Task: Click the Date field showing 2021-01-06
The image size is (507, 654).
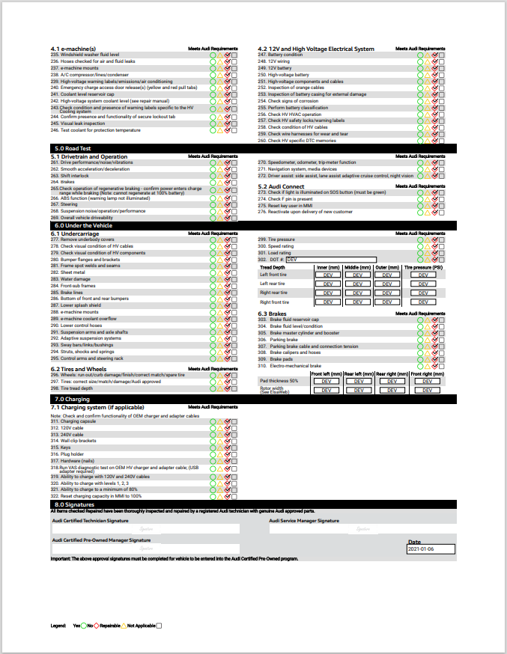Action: coord(431,549)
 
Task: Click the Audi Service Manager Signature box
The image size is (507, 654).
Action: coord(362,529)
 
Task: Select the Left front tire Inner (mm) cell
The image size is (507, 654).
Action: coord(327,275)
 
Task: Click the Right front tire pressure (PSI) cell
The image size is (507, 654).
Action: coord(422,302)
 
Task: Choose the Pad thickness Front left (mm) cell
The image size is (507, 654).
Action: coord(327,381)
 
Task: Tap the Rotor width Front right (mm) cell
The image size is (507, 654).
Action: coord(426,390)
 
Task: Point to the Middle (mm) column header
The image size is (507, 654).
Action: coord(357,267)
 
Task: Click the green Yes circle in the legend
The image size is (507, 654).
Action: coord(85,625)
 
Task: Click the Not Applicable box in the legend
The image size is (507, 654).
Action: coord(159,625)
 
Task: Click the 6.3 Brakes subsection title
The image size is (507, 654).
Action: coord(273,314)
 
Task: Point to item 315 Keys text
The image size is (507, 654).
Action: coord(66,448)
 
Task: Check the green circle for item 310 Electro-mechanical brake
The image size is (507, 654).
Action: coord(421,367)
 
